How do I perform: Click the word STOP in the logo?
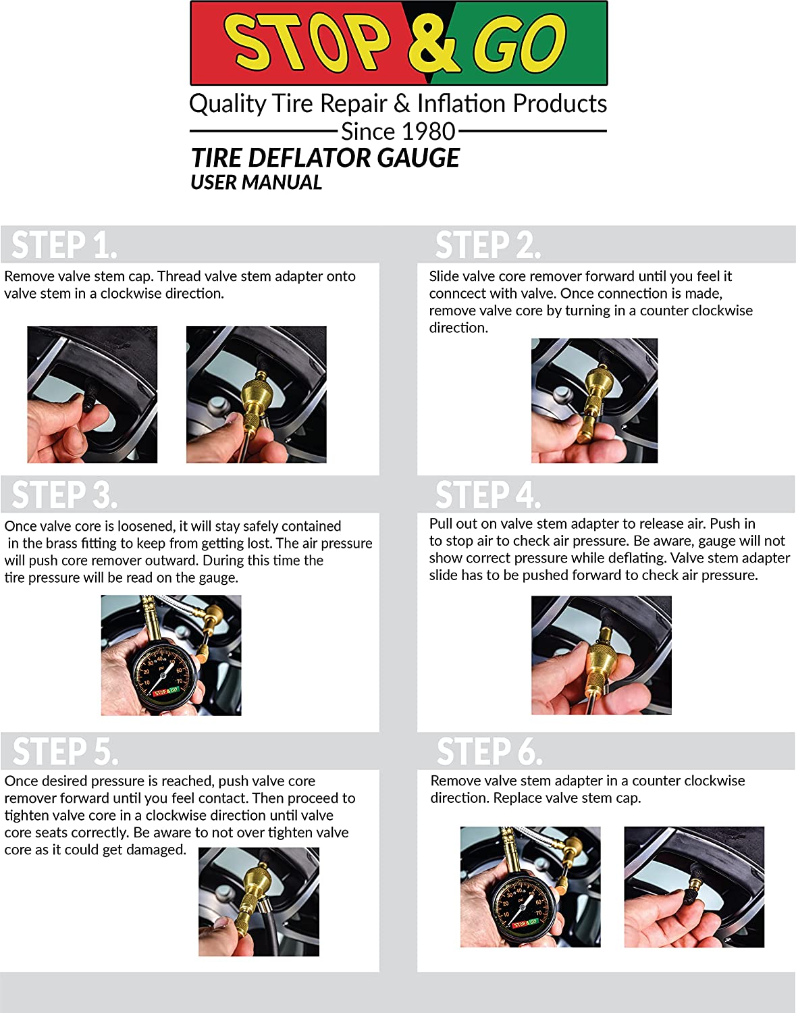tap(308, 43)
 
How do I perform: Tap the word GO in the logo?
tap(519, 44)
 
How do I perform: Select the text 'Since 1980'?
tap(398, 131)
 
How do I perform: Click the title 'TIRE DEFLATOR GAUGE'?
tap(325, 158)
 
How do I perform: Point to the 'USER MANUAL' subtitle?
tap(256, 182)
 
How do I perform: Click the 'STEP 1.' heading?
tap(64, 244)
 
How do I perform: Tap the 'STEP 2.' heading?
tap(487, 244)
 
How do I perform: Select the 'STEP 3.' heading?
tap(64, 494)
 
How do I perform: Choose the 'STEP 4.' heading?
tap(487, 494)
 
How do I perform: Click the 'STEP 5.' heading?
tap(65, 751)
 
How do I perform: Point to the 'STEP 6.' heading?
tap(489, 751)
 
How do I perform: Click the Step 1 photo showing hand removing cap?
tap(92, 394)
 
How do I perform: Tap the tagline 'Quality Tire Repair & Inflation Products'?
tap(398, 103)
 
